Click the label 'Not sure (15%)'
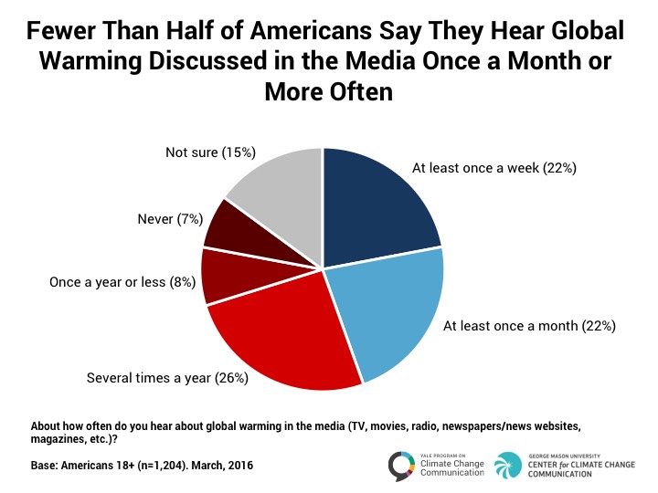pos(211,152)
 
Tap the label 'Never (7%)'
pos(170,219)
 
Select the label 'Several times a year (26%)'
pos(167,378)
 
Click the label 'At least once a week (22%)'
pos(494,168)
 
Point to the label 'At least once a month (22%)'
pos(529,326)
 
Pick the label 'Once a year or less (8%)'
pos(122,282)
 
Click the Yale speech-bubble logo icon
pos(401,466)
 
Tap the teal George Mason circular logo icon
pos(508,466)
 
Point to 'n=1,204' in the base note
pos(161,466)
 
